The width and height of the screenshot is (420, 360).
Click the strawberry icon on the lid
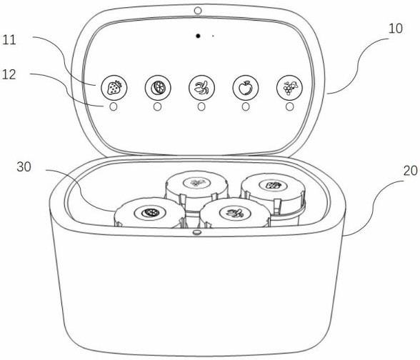pos(114,88)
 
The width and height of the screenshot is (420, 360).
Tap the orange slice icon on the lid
pos(158,88)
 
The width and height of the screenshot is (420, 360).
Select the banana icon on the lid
pos(201,88)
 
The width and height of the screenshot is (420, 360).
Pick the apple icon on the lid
pos(246,88)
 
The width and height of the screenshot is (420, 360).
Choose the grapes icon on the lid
pos(289,88)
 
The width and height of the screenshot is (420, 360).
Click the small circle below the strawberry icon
pos(114,107)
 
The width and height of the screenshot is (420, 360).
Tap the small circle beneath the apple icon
pos(246,107)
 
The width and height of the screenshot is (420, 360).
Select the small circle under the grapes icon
pos(289,107)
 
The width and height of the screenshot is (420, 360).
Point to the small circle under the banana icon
pos(201,107)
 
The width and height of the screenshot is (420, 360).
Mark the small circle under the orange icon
pos(157,107)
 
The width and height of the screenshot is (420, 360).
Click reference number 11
pos(9,40)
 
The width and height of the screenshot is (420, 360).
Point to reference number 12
pos(9,74)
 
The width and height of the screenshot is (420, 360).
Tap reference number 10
pos(396,29)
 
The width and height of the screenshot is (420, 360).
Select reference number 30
pos(24,167)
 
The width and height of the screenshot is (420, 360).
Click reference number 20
pos(410,171)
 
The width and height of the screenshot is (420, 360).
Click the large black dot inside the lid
pos(198,36)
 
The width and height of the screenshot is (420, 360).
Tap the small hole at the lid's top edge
pos(198,11)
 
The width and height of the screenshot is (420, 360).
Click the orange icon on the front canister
pos(150,213)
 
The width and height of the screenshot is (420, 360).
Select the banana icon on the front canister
pos(235,213)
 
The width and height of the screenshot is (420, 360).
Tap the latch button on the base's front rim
pos(197,232)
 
